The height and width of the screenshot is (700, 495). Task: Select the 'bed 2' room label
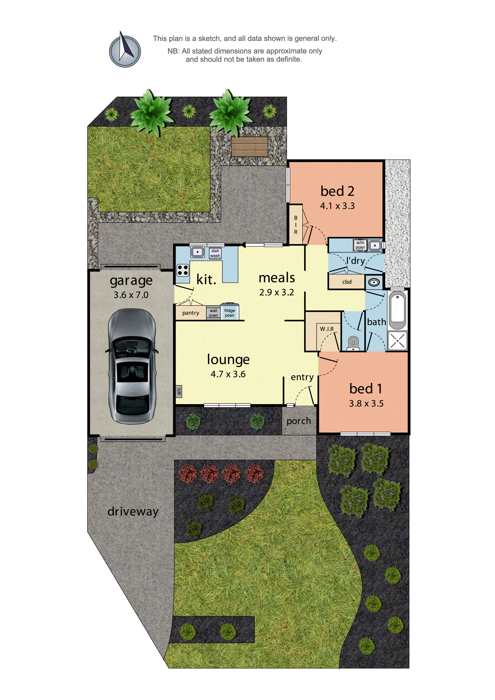(x=337, y=191)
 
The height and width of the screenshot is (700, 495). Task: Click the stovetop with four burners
(x=183, y=270)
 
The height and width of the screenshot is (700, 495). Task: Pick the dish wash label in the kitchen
(x=215, y=253)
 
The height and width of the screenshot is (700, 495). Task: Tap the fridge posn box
(x=230, y=312)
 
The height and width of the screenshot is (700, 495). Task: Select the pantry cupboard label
(x=191, y=313)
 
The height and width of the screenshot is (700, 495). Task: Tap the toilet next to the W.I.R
(x=353, y=343)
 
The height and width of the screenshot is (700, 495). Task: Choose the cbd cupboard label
(x=347, y=282)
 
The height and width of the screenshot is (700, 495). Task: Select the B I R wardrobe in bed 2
(x=296, y=225)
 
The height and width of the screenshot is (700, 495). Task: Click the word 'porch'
(x=299, y=421)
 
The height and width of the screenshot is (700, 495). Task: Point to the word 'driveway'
(x=133, y=511)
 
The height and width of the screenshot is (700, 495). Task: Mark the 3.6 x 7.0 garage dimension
(x=131, y=295)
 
